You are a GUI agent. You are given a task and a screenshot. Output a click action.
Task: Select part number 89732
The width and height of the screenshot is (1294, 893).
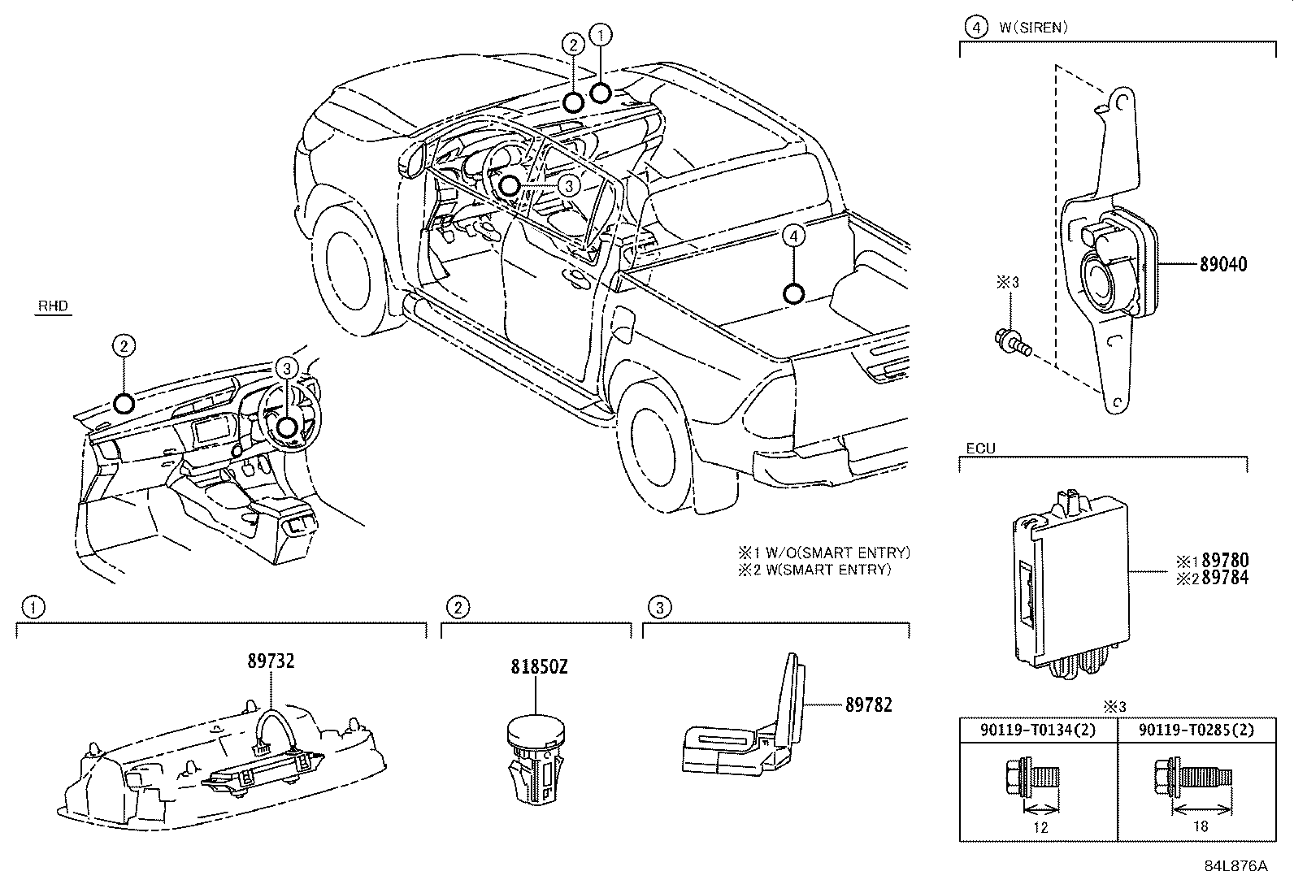(271, 661)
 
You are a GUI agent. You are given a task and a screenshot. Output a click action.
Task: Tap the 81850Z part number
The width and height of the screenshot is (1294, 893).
(538, 667)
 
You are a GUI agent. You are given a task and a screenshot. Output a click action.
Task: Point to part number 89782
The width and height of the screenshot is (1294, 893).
(868, 705)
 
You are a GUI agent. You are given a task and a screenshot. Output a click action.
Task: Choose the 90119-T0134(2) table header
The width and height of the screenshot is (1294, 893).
(1038, 730)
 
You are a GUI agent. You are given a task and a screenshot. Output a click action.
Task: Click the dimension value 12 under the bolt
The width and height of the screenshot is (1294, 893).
(1040, 827)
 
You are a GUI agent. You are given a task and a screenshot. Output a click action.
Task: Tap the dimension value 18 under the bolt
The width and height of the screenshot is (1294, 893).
(1200, 826)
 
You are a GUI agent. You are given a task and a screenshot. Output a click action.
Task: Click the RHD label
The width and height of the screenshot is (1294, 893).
(53, 306)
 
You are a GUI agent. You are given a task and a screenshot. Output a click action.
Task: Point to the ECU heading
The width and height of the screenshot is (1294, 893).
(980, 449)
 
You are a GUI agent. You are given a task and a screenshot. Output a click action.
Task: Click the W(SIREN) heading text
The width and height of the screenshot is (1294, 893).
(1033, 27)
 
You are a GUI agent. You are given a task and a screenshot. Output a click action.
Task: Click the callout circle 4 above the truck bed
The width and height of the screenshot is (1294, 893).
(794, 236)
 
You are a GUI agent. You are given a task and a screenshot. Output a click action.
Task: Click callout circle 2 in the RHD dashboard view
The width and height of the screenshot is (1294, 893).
(123, 347)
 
